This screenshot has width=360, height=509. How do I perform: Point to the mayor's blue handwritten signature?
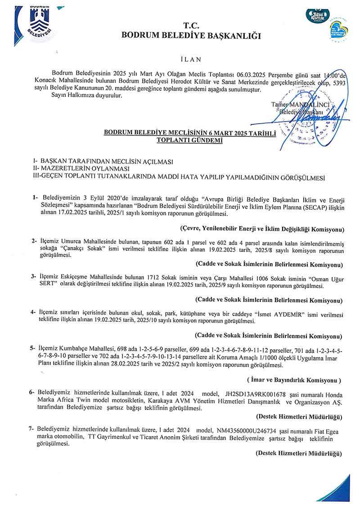click(310, 119)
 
